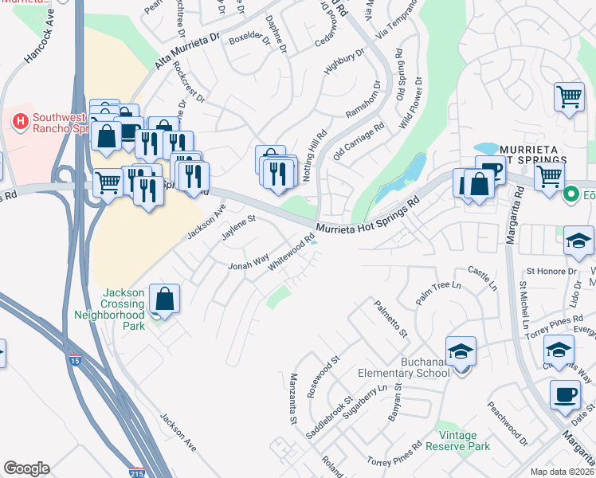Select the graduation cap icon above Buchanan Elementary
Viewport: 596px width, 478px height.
[x=461, y=351]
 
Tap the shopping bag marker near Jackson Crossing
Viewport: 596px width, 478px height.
[x=164, y=300]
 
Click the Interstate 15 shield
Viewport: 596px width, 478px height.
[x=75, y=360]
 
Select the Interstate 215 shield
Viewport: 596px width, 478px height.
[x=137, y=472]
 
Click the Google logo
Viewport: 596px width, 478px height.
[x=26, y=468]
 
